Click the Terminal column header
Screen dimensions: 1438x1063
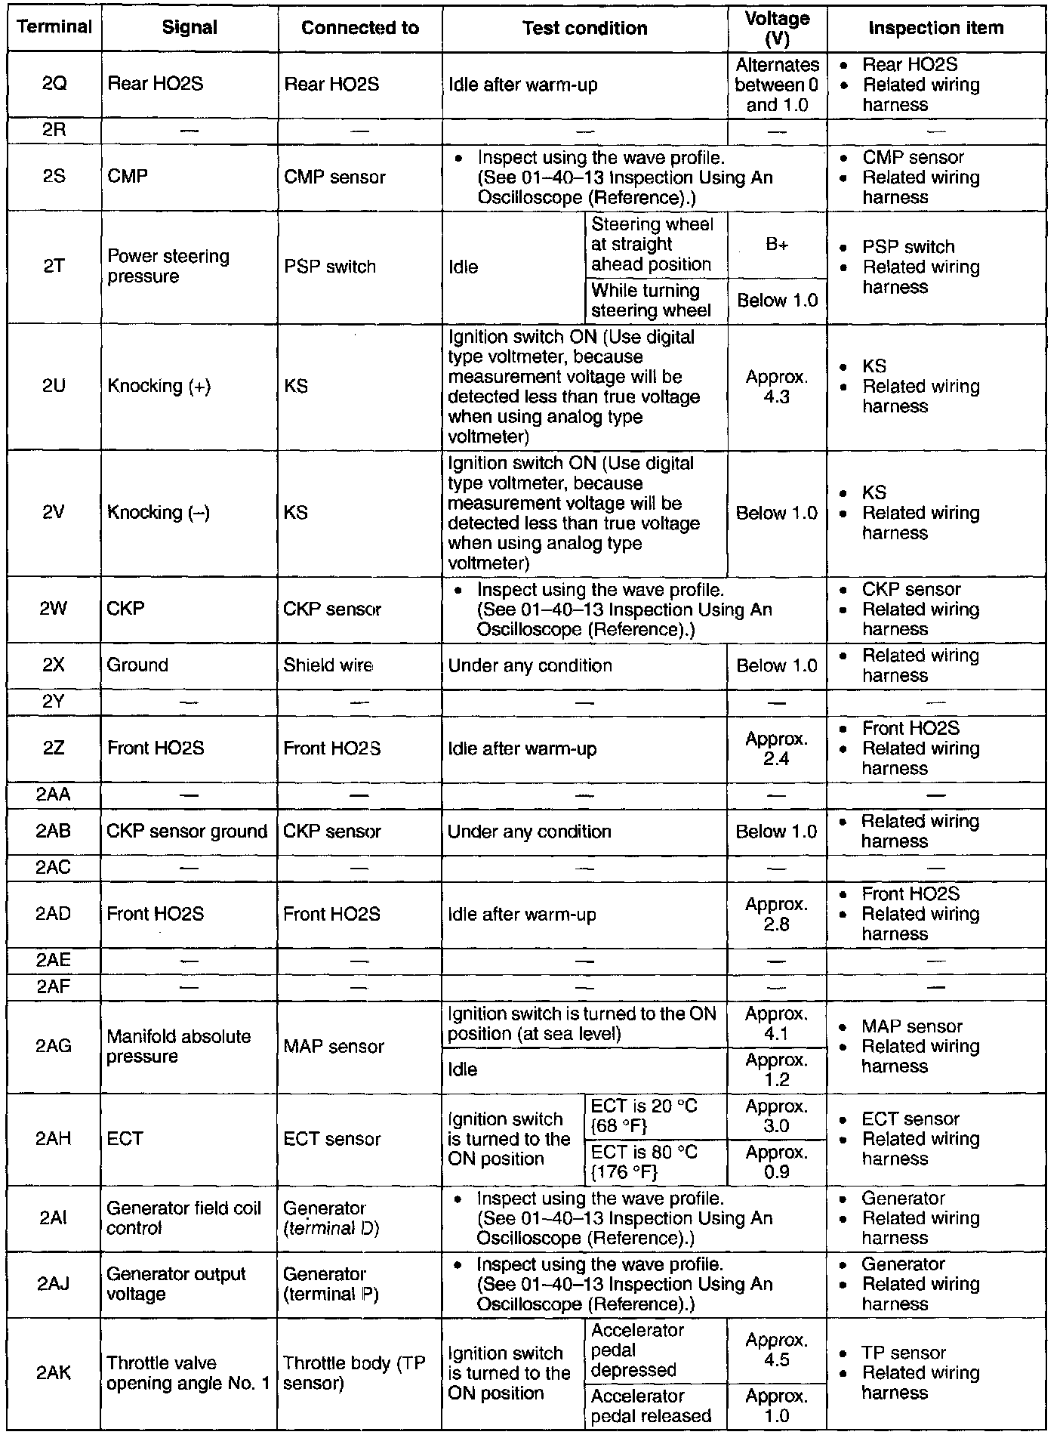54,28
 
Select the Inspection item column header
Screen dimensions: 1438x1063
935,29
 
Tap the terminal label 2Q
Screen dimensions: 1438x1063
54,85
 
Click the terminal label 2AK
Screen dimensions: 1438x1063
54,1373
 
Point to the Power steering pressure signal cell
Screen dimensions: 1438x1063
168,267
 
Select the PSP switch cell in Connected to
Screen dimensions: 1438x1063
330,267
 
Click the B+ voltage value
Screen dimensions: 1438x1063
777,245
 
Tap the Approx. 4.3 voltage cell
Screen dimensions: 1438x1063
777,387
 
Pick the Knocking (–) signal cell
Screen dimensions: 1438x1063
159,513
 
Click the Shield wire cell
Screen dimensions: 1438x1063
328,665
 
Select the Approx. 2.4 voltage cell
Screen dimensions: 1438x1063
777,748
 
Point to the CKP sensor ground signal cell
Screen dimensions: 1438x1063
187,832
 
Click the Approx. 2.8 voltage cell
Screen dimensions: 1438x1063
777,914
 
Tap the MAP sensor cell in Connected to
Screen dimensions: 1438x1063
334,1047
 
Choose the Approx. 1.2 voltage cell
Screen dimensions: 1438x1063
777,1069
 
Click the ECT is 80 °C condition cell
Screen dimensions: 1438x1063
645,1162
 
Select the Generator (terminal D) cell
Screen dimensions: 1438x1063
332,1218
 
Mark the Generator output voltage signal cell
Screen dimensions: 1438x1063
177,1284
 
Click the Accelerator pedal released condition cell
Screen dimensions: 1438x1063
651,1406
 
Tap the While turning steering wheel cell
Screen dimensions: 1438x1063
651,301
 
